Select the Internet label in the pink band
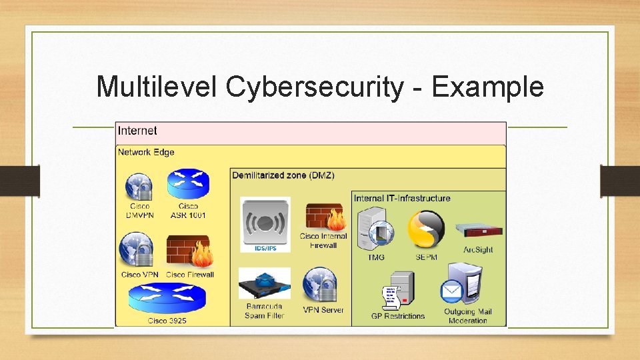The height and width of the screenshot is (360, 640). coord(137,131)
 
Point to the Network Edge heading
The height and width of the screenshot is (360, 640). coord(146,152)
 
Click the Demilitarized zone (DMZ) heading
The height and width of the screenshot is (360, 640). coord(283,175)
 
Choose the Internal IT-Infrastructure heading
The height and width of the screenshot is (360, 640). coord(402,198)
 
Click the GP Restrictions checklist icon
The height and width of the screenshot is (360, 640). coord(397,290)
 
